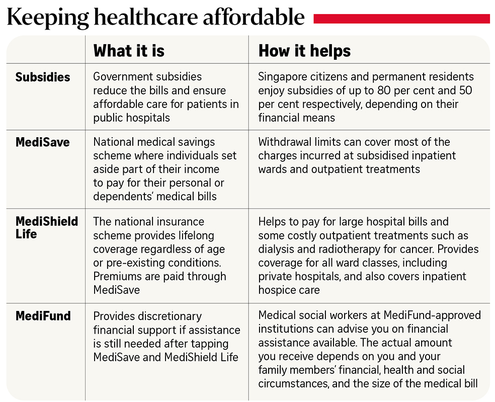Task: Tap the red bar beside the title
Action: point(401,19)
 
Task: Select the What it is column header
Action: point(129,51)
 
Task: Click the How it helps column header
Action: point(304,51)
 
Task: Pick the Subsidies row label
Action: point(43,77)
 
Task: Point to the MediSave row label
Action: point(43,143)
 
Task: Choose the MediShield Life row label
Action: point(47,227)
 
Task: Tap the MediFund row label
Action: point(43,316)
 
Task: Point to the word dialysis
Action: point(277,249)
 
